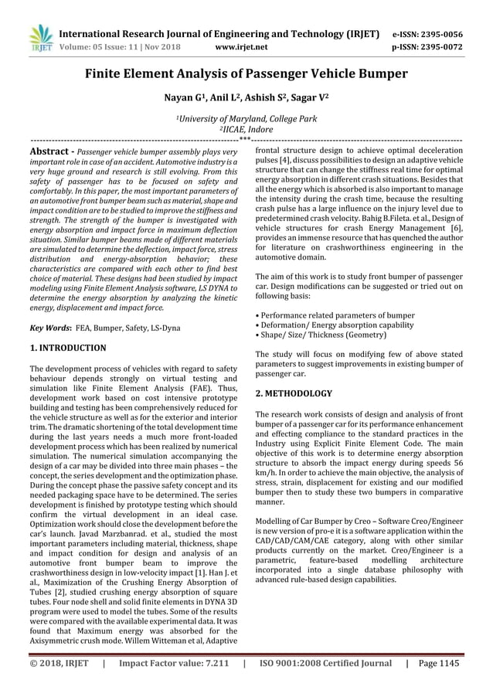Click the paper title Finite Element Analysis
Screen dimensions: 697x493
tap(246, 75)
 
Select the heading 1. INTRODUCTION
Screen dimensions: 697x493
tap(67, 348)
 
